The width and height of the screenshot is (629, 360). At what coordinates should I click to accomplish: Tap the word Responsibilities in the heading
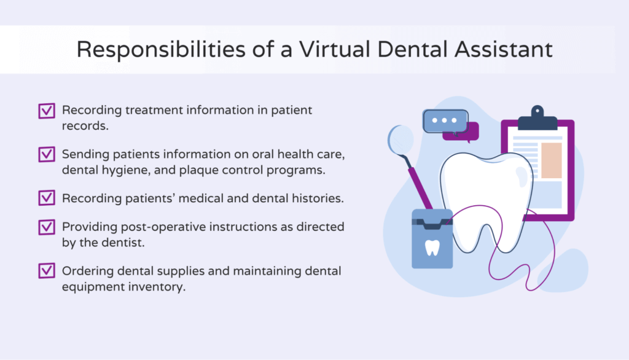162,50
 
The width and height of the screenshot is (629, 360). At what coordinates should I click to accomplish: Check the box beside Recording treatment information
46,111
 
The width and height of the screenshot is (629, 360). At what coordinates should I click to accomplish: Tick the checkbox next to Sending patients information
46,154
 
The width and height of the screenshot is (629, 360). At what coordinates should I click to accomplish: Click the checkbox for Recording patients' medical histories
46,198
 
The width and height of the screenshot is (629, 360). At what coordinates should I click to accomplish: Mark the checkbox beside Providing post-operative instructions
46,227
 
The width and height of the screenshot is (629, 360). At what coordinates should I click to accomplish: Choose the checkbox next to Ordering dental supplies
46,271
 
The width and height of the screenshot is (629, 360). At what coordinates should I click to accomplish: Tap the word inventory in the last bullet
155,286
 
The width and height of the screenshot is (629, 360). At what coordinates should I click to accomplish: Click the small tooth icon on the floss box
432,248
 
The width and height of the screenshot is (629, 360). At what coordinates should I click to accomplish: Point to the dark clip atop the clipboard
537,120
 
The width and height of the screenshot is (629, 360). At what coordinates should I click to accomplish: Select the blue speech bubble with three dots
444,120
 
